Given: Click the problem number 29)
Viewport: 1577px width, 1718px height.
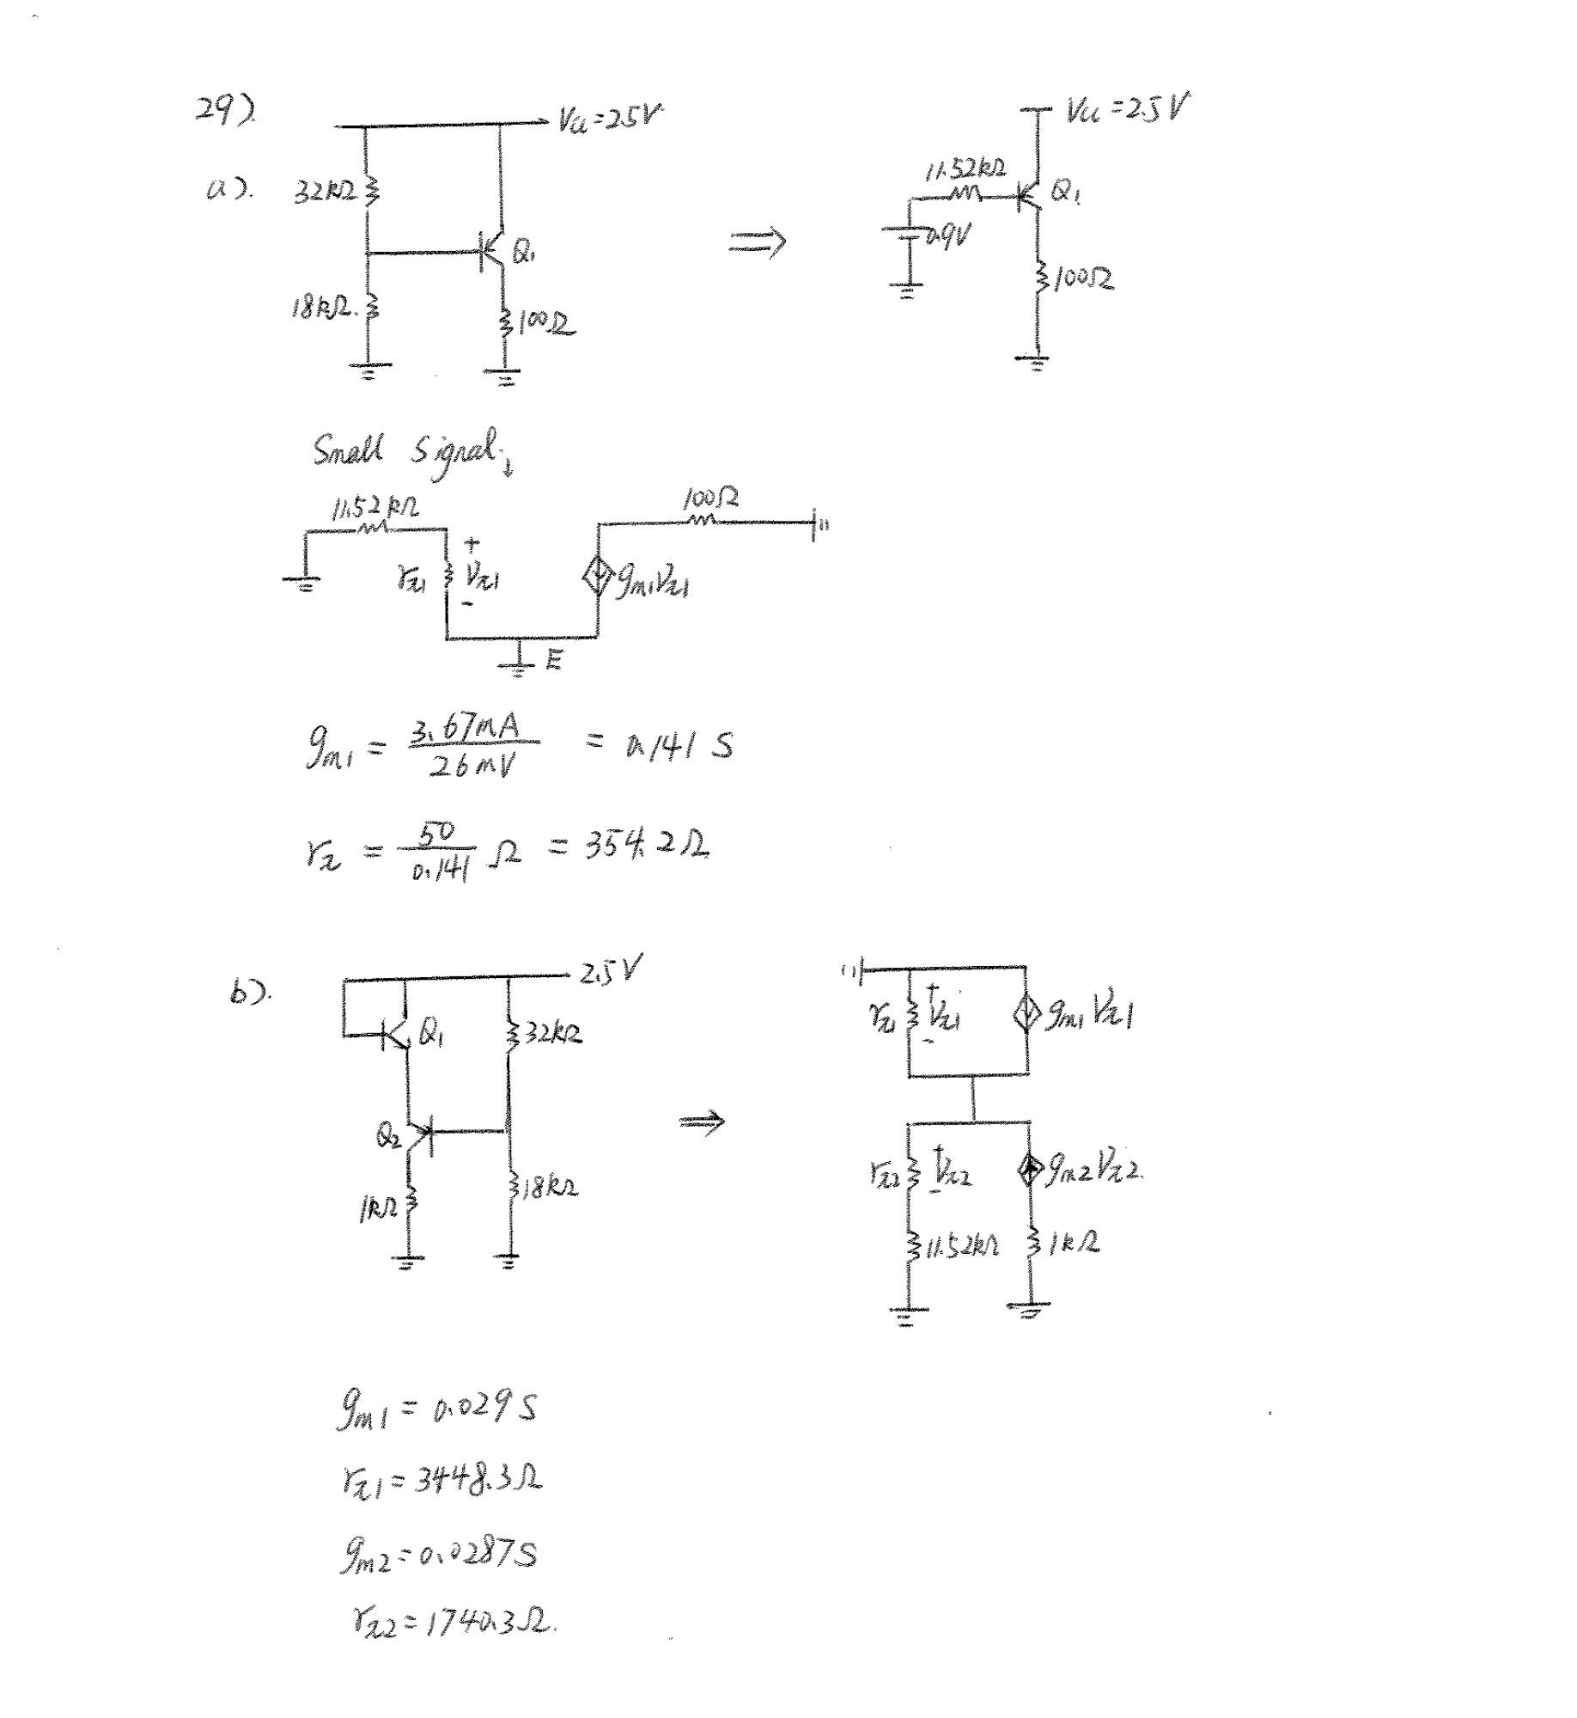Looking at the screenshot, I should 225,111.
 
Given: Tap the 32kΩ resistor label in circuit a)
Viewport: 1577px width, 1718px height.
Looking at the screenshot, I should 325,193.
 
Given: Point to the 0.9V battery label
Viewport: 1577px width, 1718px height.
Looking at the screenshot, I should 949,235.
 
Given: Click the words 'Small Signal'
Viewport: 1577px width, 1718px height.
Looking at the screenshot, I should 408,450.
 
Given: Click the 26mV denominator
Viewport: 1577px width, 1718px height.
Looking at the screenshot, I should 472,765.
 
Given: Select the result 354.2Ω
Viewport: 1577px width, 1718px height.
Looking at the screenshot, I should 647,847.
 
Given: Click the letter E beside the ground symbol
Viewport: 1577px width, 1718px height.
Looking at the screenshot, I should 554,659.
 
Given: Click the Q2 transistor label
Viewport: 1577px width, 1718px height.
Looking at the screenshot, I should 388,1136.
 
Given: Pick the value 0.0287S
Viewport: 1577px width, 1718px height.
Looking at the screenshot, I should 478,1554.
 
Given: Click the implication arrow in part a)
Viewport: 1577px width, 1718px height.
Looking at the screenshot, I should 757,243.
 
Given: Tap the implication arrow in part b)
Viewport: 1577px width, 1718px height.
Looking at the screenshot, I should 702,1122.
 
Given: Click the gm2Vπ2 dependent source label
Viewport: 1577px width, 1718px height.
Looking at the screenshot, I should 1093,1170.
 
